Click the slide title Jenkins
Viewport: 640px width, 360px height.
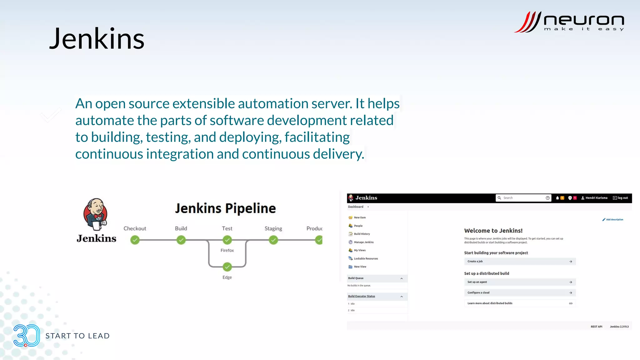pyautogui.click(x=97, y=39)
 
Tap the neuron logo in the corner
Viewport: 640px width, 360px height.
pyautogui.click(x=569, y=22)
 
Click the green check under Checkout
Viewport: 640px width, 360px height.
pyautogui.click(x=135, y=240)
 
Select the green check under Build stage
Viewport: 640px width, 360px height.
pyautogui.click(x=181, y=240)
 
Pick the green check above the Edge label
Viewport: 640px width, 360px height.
pyautogui.click(x=227, y=267)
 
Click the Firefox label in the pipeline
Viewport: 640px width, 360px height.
pyautogui.click(x=227, y=250)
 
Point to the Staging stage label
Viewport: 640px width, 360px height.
pyautogui.click(x=273, y=228)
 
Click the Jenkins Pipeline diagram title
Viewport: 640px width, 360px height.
pyautogui.click(x=225, y=208)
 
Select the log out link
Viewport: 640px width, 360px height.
pyautogui.click(x=621, y=198)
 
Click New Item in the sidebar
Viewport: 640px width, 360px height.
pyautogui.click(x=359, y=217)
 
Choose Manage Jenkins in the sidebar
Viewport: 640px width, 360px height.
pyautogui.click(x=363, y=242)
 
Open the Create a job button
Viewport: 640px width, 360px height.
pyautogui.click(x=520, y=261)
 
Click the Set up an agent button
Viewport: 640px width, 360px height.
pyautogui.click(x=520, y=282)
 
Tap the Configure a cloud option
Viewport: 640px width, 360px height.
pyautogui.click(x=520, y=292)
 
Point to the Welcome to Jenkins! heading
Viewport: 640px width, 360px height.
pyautogui.click(x=493, y=231)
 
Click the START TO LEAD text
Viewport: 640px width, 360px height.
pyautogui.click(x=77, y=336)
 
